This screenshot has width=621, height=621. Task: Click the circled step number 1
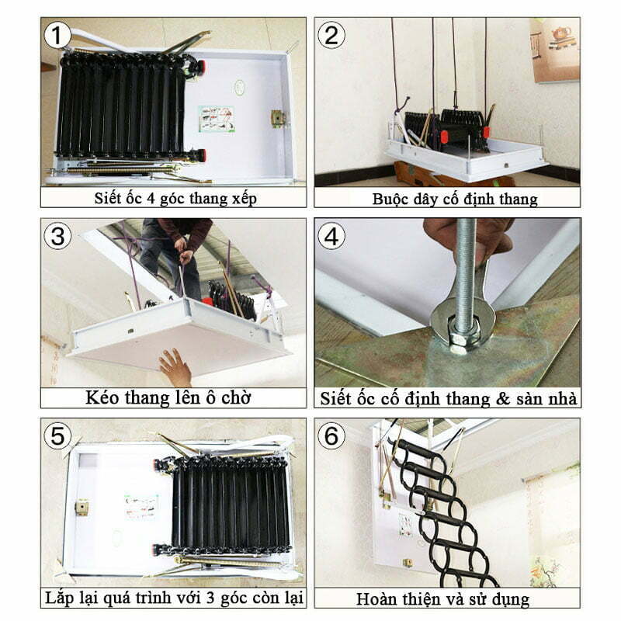pyautogui.click(x=57, y=35)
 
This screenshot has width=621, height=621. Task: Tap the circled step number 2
pyautogui.click(x=331, y=35)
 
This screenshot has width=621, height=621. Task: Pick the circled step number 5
pyautogui.click(x=57, y=435)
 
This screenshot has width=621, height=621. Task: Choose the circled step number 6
pyautogui.click(x=331, y=435)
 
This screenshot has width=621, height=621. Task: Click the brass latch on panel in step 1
pyautogui.click(x=277, y=118)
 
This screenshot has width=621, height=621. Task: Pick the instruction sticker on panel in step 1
pyautogui.click(x=216, y=118)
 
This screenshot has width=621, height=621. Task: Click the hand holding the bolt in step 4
pyautogui.click(x=466, y=237)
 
